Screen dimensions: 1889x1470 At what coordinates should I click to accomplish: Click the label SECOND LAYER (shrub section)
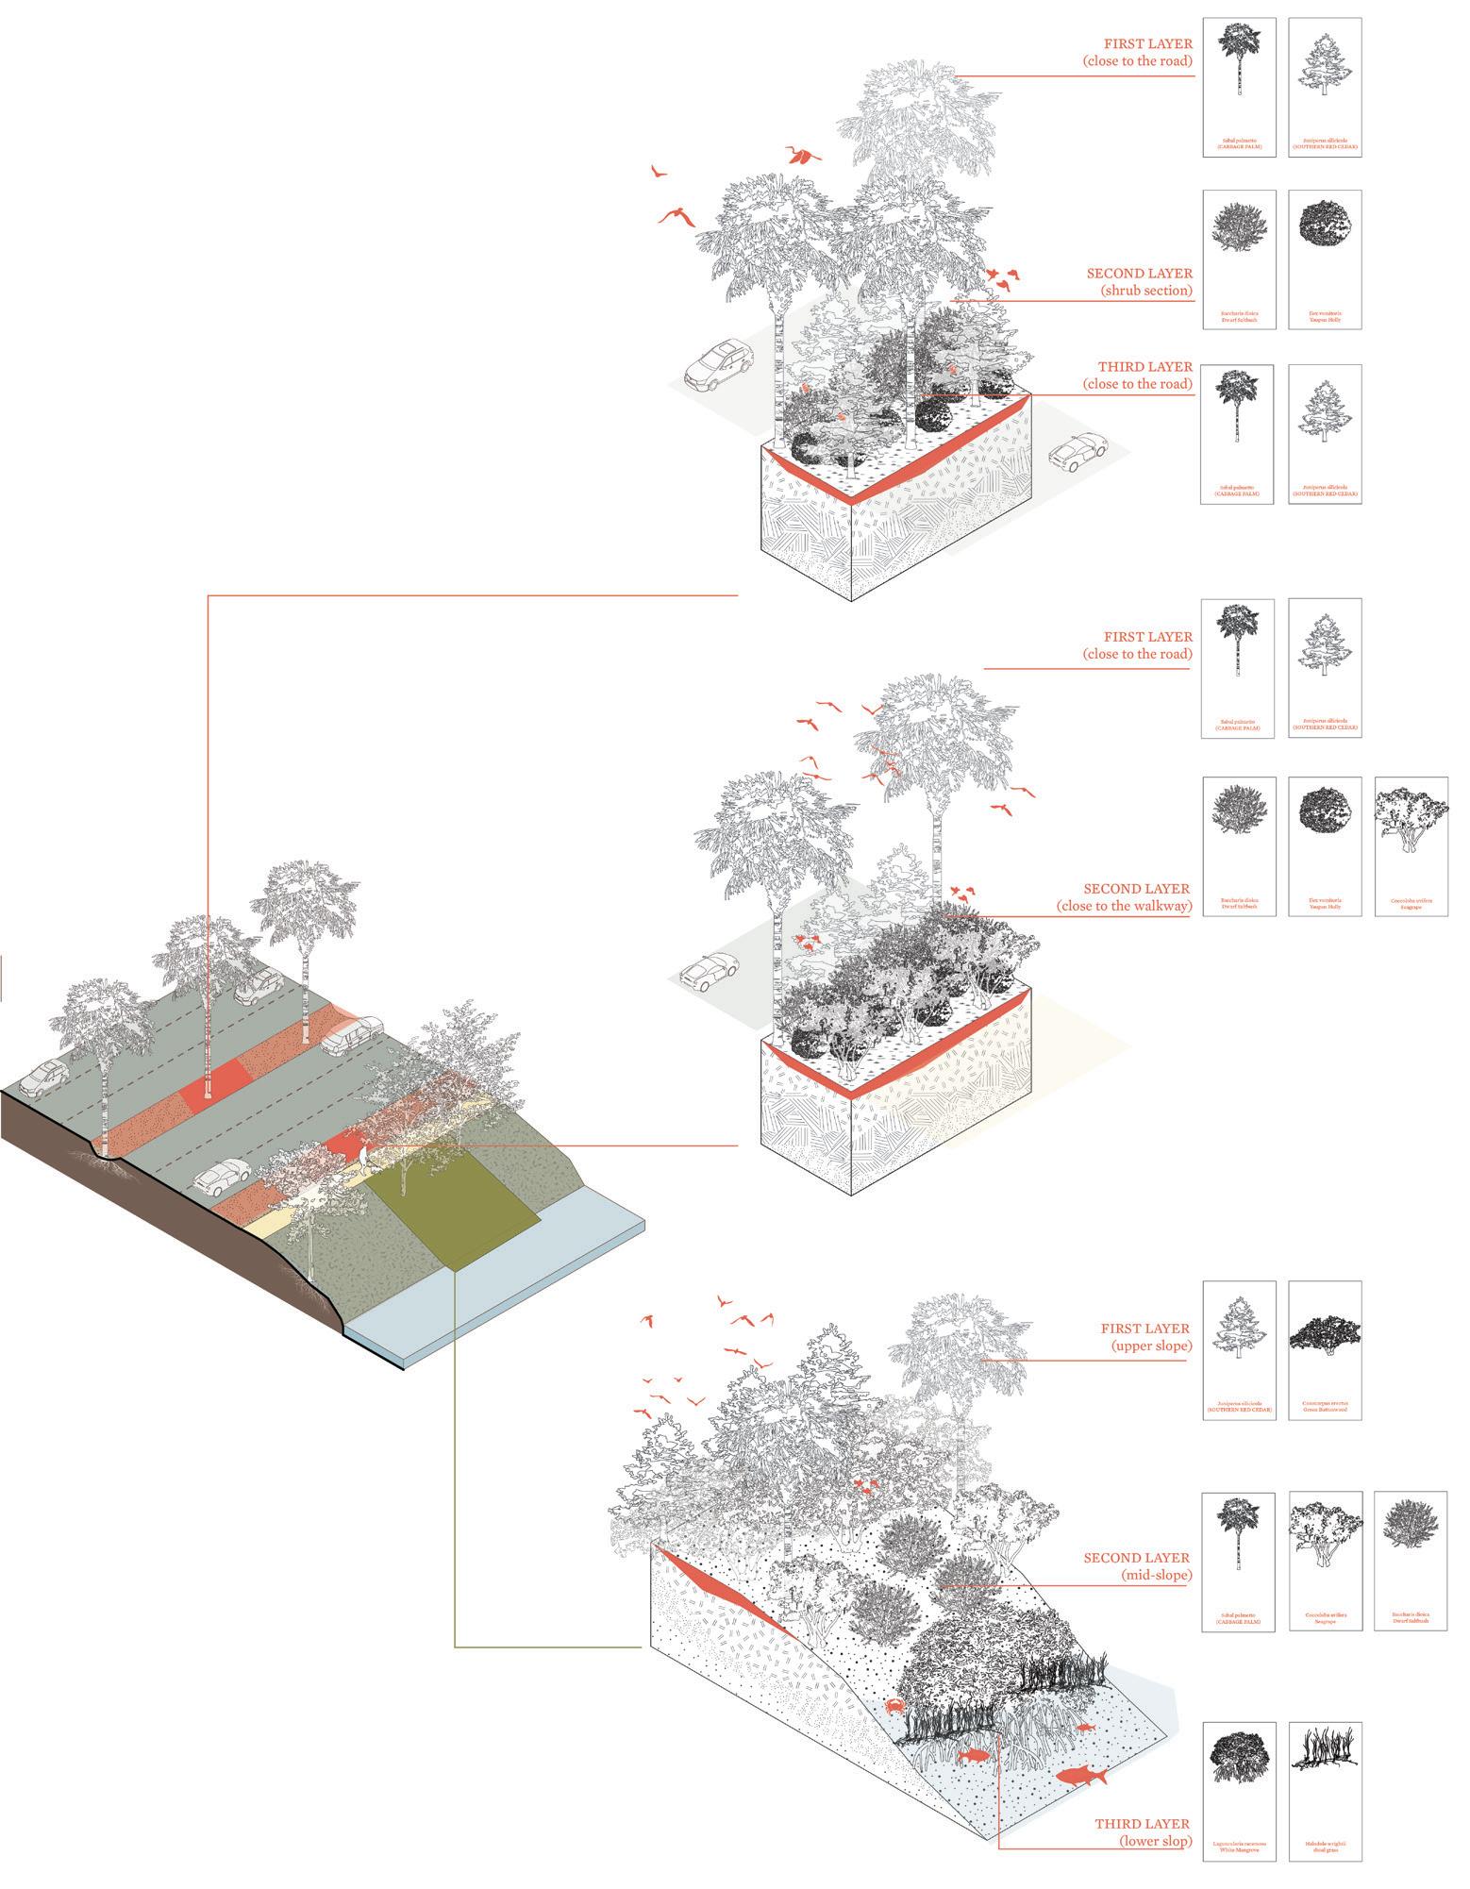1139,282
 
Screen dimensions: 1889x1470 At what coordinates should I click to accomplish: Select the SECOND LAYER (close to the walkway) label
1124,897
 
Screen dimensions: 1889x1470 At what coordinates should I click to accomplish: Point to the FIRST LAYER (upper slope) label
1145,1337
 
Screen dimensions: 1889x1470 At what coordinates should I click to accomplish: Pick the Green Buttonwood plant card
1325,1350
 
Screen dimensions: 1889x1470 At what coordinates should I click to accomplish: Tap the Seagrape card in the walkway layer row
1411,846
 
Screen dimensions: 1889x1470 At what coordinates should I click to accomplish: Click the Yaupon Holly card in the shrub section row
1325,259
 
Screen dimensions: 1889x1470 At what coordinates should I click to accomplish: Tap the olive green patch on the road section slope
453,1216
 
